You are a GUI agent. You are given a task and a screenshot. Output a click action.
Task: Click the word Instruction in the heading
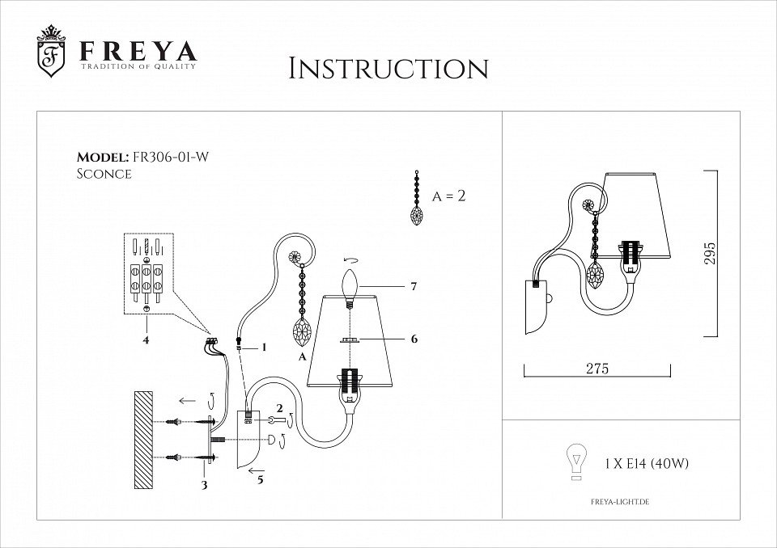point(388,68)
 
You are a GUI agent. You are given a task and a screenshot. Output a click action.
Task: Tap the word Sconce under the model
point(104,174)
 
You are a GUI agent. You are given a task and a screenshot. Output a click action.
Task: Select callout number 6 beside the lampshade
point(414,339)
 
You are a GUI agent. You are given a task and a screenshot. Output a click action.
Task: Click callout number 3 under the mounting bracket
point(205,485)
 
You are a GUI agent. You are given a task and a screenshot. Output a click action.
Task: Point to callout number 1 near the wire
point(263,347)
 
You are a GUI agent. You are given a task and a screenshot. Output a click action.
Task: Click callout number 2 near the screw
point(279,408)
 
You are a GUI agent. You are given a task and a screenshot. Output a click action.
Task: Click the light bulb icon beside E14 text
point(575,462)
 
